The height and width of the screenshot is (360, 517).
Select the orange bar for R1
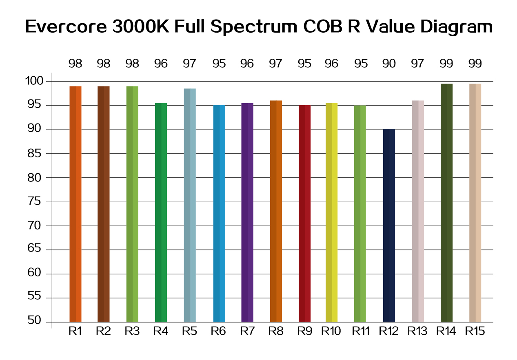coord(75,204)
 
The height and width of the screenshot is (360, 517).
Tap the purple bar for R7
coord(247,212)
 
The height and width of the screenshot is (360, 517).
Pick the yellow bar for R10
coord(332,212)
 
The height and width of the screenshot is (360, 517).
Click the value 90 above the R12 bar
coord(389,64)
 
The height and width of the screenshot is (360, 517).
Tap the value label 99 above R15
coord(475,64)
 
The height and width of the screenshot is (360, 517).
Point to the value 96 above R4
coord(161,64)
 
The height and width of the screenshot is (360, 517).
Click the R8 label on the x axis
coord(276,331)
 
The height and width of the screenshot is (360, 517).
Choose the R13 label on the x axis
coord(417,331)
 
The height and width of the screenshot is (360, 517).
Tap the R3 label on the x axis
coord(132,331)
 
